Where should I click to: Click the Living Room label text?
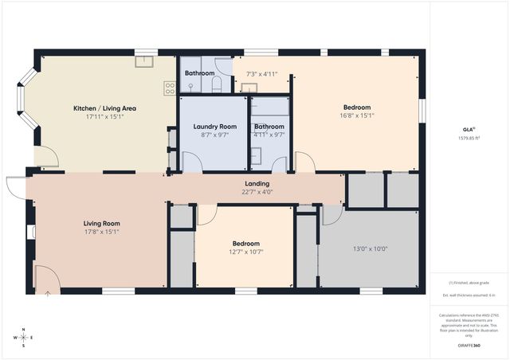tap(101, 224)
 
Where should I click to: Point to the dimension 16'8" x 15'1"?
tap(356, 116)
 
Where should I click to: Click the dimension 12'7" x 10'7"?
tap(245, 252)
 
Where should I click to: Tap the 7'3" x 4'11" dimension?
tap(261, 74)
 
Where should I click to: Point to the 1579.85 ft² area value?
tap(469, 136)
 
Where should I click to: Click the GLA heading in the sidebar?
tap(468, 128)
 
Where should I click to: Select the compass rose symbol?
tap(24, 338)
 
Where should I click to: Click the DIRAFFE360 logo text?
tap(469, 346)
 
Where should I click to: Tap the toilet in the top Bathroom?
tap(216, 84)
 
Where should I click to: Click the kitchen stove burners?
tap(170, 88)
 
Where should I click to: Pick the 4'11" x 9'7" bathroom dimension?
tap(269, 135)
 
